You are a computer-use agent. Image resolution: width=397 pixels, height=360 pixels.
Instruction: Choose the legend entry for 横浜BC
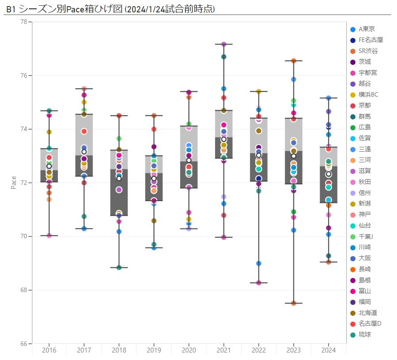[x=368, y=94]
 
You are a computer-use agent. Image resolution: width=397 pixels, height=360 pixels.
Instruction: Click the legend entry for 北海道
[x=368, y=313]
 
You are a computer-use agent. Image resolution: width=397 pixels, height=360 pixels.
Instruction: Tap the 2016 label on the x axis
[x=49, y=350]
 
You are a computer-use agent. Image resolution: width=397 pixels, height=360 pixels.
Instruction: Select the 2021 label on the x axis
[x=224, y=350]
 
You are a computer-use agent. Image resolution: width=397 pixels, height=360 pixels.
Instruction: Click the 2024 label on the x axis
[x=329, y=350]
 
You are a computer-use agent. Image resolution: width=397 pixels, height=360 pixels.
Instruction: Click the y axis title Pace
[x=13, y=183]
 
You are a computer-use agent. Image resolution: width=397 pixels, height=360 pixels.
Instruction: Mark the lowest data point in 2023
[x=294, y=303]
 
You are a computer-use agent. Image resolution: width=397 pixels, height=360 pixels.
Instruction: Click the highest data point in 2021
[x=224, y=44]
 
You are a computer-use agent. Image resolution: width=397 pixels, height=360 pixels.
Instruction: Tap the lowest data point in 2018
[x=119, y=267]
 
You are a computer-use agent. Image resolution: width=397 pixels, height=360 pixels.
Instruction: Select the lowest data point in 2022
[x=259, y=283]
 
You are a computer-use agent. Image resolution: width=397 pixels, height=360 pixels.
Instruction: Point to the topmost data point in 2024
[x=329, y=98]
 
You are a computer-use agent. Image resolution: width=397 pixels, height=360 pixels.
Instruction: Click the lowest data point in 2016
[x=49, y=236]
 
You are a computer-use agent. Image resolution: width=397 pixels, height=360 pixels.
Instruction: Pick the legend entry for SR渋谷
[x=368, y=51]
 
